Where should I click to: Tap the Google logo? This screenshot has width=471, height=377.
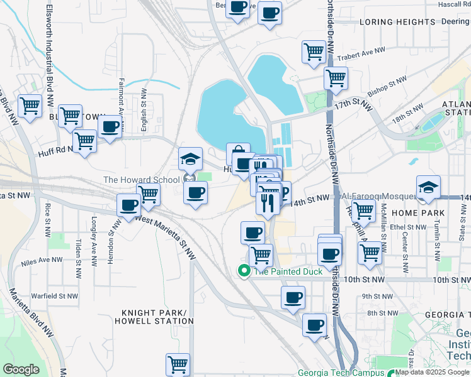21,369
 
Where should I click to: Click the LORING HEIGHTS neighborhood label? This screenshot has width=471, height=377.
389,22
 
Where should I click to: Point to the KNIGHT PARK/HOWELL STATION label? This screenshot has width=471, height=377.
150,317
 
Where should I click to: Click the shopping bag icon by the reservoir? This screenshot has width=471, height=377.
238,153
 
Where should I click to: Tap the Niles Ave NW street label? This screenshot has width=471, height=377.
42,260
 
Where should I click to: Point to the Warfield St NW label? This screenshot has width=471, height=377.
55,295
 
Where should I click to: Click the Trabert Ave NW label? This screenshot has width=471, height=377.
361,56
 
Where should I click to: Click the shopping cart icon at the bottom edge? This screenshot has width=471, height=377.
178,364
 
